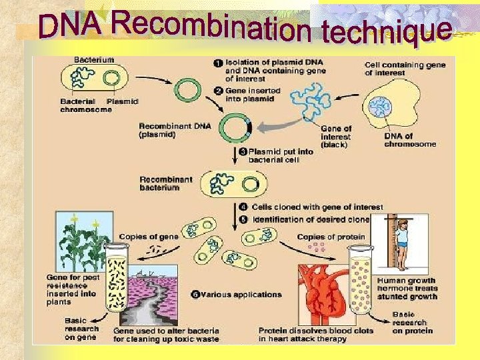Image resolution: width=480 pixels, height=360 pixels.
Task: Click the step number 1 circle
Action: (217, 63)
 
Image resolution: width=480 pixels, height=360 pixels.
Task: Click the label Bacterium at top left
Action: (93, 59)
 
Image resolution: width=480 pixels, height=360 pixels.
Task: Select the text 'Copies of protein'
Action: (331, 237)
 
